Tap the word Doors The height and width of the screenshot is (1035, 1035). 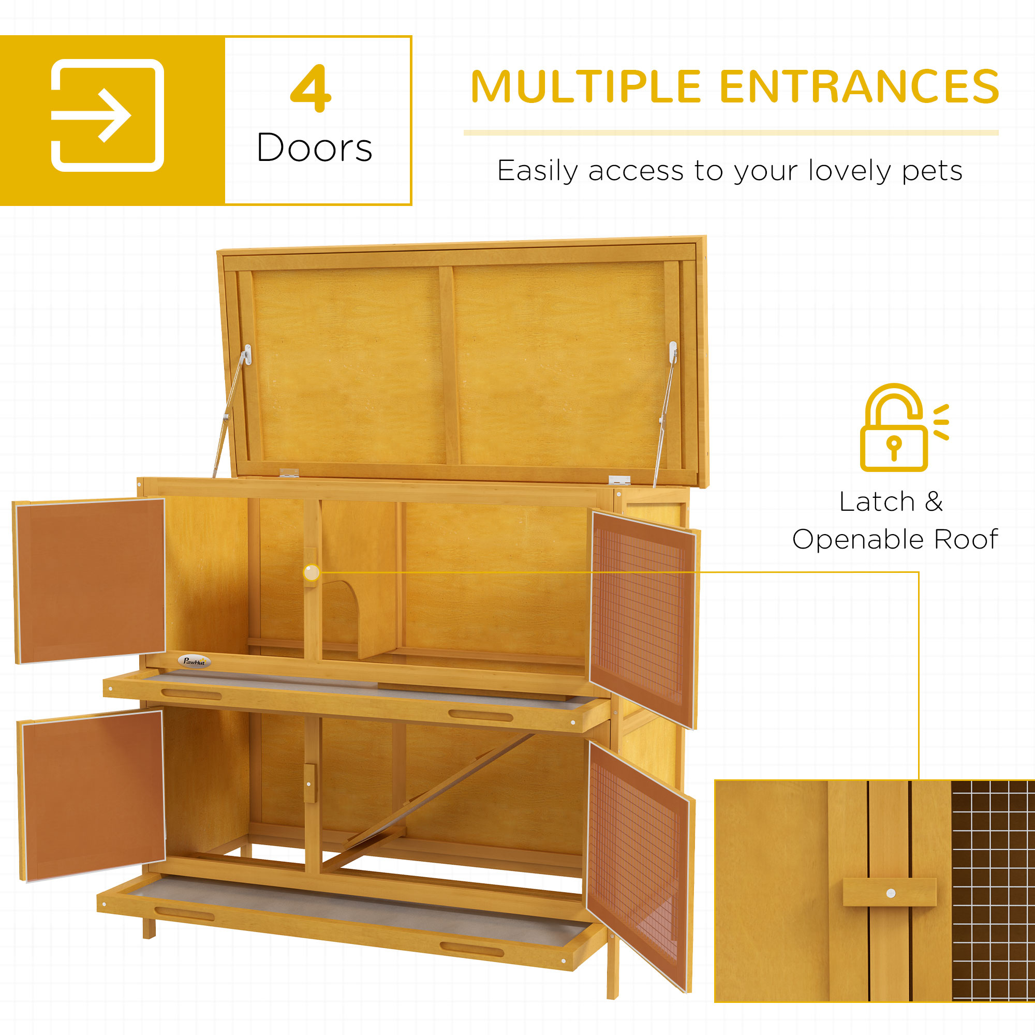point(315,147)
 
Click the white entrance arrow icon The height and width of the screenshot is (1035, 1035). point(107,115)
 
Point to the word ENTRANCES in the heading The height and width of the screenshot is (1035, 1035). point(859,86)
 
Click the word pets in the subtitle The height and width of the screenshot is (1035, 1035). point(932,171)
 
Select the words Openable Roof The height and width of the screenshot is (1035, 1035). point(895,539)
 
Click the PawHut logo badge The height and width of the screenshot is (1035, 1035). point(194,661)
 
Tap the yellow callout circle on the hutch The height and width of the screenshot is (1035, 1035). point(312,573)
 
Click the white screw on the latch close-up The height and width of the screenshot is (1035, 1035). point(890,893)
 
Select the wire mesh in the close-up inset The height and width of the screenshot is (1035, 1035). point(992,889)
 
